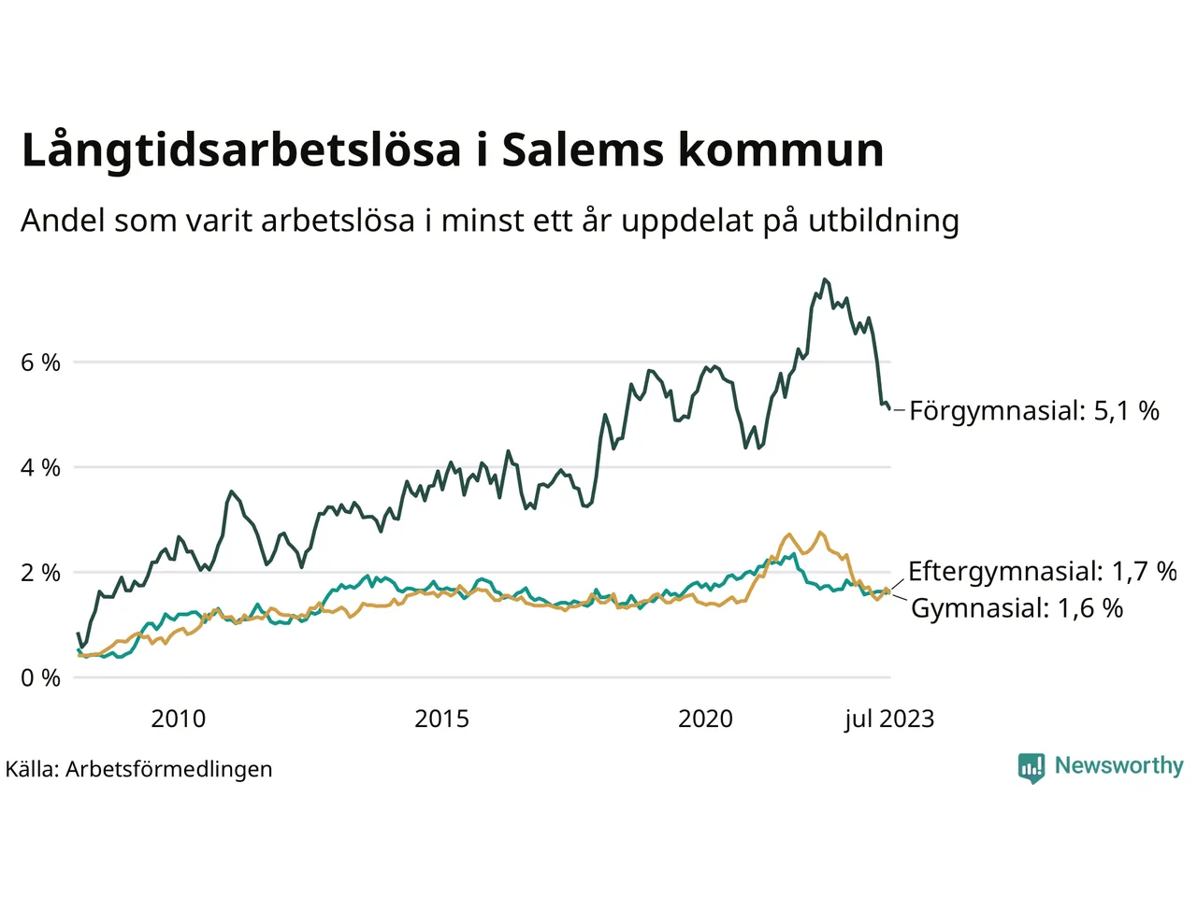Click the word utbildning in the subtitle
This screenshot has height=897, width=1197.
click(x=884, y=221)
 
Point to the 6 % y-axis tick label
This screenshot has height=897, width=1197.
click(x=40, y=363)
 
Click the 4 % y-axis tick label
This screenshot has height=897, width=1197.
click(x=40, y=467)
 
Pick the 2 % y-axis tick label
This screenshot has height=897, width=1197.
click(x=40, y=573)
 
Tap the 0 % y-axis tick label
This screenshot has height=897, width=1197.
click(x=40, y=678)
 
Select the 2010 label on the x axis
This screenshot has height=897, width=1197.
click(x=178, y=719)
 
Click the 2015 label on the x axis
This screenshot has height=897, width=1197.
click(x=441, y=719)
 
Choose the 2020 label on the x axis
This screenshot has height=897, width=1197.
click(x=705, y=719)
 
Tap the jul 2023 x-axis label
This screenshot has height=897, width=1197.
click(x=888, y=719)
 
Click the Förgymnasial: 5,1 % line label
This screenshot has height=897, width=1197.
click(x=1033, y=410)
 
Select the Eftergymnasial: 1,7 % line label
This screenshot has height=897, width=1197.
click(x=1042, y=571)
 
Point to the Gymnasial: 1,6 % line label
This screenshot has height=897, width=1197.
click(x=1017, y=608)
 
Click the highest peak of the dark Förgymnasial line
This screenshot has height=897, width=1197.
click(x=824, y=279)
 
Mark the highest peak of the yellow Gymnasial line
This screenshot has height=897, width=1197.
click(x=820, y=533)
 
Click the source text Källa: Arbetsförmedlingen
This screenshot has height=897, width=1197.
click(x=139, y=769)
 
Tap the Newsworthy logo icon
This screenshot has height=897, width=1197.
click(x=1031, y=767)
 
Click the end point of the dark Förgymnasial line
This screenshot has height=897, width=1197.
click(x=889, y=408)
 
